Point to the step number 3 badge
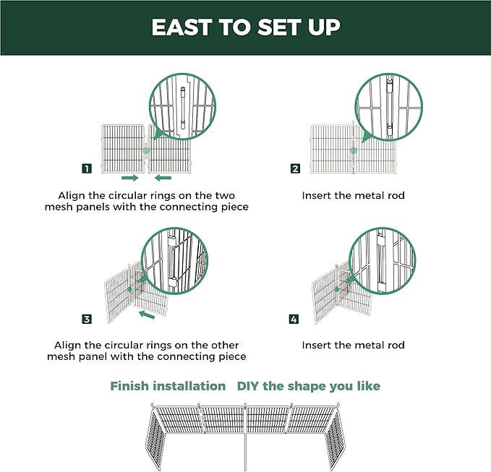[x=87, y=319]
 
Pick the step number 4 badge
[x=294, y=319]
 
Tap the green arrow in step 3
[x=148, y=314]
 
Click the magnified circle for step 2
[x=387, y=108]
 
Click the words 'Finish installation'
[x=168, y=386]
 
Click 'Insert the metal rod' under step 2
[x=353, y=195]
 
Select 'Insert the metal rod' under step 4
[x=353, y=345]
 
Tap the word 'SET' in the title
[x=283, y=27]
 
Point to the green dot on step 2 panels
[x=353, y=151]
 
